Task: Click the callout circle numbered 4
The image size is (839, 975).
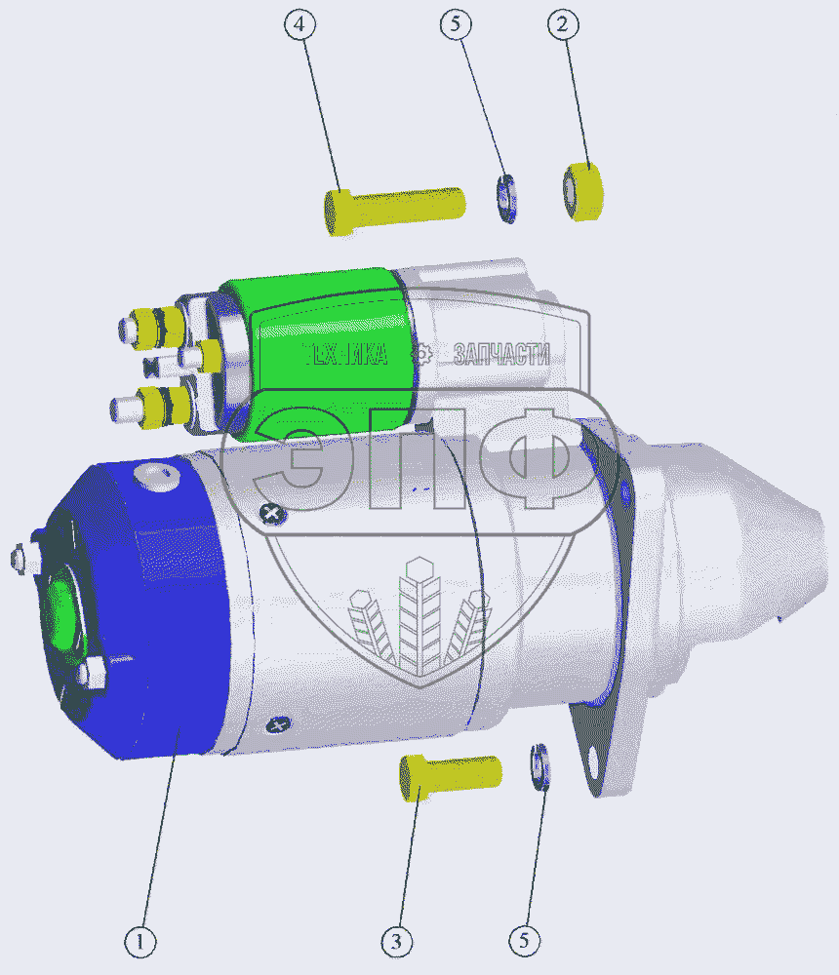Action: (300, 25)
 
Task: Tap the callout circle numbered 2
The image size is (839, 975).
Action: (563, 25)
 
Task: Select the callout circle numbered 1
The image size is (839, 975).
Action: (140, 943)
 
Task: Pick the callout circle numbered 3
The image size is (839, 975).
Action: (396, 943)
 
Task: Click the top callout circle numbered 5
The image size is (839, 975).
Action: (456, 25)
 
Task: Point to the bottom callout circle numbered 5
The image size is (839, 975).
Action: (525, 941)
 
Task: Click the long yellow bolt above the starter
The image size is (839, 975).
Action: (394, 211)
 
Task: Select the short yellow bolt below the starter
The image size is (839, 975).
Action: (450, 777)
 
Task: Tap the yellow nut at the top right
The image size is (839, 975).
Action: (583, 191)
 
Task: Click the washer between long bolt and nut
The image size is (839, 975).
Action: (506, 198)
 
